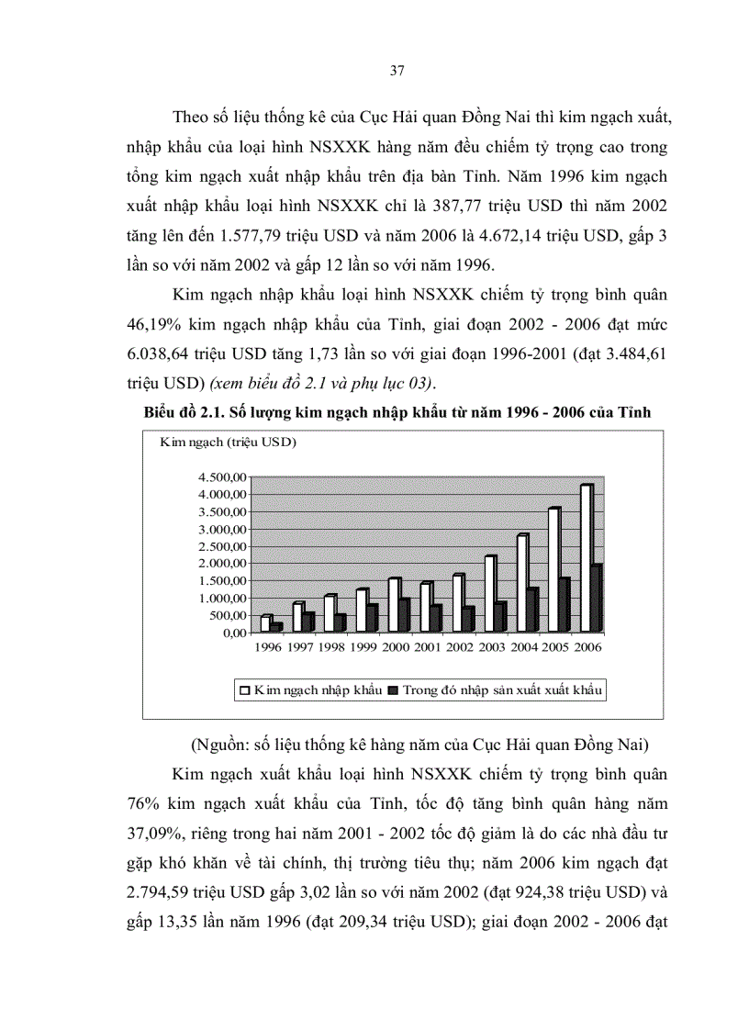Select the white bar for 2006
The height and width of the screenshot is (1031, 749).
coord(585,558)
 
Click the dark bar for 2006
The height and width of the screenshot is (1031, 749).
coord(597,599)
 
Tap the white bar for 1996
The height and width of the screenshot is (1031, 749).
coord(264,623)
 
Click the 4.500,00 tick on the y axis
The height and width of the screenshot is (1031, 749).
coord(221,477)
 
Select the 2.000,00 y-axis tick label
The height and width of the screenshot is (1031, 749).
coord(221,564)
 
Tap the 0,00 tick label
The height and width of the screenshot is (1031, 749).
coord(233,633)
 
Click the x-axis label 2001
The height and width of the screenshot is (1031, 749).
coord(425,647)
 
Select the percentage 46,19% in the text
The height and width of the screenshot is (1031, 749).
coord(157,324)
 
